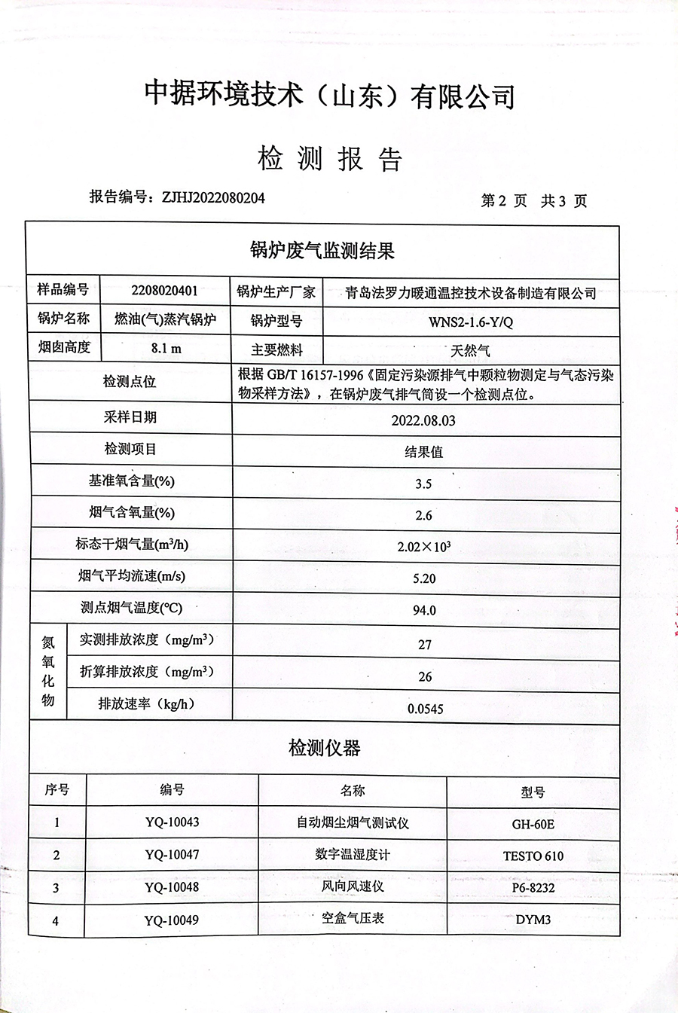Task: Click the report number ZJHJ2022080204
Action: pos(213,198)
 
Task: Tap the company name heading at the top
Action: pos(330,95)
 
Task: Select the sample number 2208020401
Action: pos(164,291)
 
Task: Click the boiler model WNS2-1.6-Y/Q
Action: pos(471,322)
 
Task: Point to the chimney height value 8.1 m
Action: pos(166,349)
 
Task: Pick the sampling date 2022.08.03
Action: pos(423,420)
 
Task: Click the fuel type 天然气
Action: pos(470,351)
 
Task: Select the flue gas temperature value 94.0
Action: pos(424,610)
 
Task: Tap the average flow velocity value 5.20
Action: pos(424,578)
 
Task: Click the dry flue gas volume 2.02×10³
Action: pos(424,547)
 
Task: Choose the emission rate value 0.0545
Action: pos(426,709)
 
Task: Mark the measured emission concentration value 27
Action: pos(425,645)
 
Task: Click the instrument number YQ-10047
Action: pos(172,855)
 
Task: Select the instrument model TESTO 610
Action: pos(533,856)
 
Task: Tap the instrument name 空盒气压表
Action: pos(353,919)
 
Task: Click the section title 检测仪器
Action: pos(325,748)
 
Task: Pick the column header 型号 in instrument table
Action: pos(533,792)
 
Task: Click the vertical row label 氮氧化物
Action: pos(48,671)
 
